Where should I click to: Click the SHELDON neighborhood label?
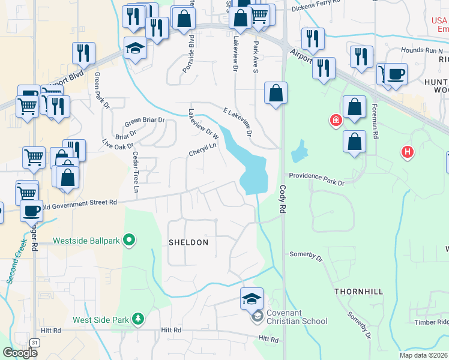(x=188, y=242)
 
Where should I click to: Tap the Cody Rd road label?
(x=282, y=199)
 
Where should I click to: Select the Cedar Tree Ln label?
(x=135, y=172)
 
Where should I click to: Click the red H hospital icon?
(x=408, y=152)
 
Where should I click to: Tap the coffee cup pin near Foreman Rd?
(x=396, y=74)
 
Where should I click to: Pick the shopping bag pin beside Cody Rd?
(x=276, y=93)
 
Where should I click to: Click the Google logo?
(x=20, y=353)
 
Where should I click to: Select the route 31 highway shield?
(x=35, y=343)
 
